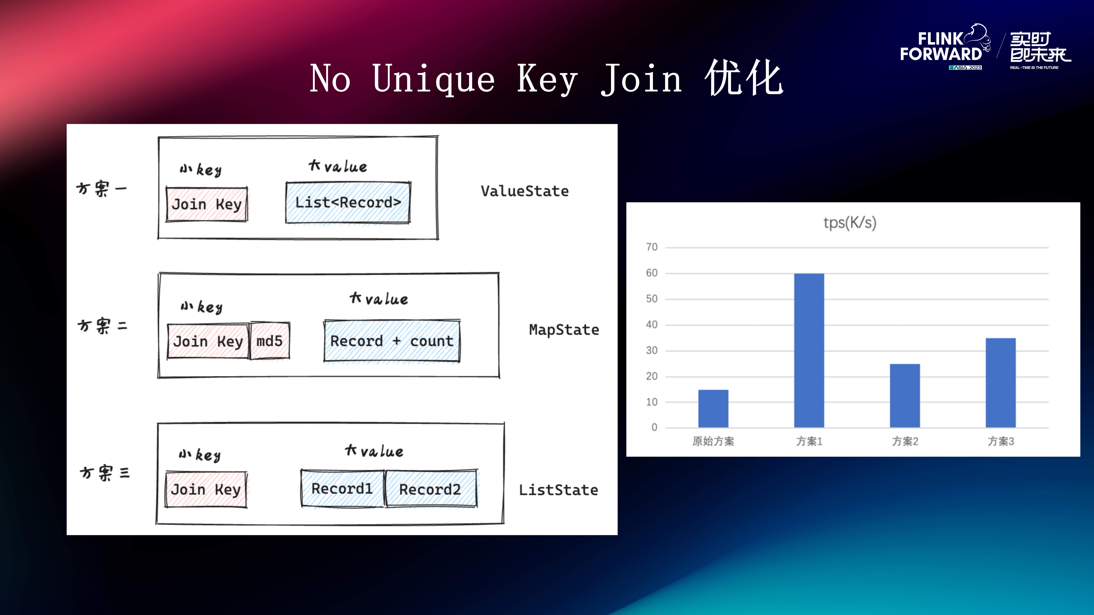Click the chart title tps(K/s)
point(850,222)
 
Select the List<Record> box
point(348,202)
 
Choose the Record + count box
point(392,341)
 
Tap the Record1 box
point(342,489)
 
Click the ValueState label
point(524,191)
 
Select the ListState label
point(558,490)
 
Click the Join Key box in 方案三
point(206,489)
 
